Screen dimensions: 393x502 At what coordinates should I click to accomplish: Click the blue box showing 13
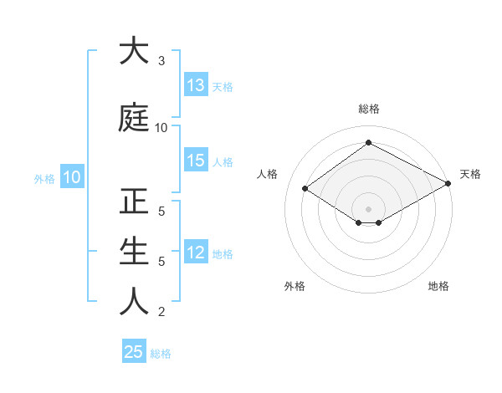coord(196,85)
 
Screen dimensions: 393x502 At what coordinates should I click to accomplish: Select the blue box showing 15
coord(196,161)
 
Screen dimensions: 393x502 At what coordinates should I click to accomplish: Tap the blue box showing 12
coord(196,253)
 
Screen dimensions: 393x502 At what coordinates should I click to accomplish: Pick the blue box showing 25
coord(134,352)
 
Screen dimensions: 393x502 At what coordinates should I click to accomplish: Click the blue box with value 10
coord(71,177)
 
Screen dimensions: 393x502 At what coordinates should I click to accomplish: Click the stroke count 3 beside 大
coord(161,61)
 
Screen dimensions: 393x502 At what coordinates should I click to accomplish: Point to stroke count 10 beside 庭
coord(161,128)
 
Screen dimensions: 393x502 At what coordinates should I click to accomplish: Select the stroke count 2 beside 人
coord(161,312)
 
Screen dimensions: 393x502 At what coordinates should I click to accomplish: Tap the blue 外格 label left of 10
coord(44,178)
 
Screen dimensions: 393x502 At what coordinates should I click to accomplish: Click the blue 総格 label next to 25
coord(161,354)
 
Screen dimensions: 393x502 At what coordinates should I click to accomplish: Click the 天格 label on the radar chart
coord(470,174)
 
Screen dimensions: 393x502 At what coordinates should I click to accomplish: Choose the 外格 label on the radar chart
coord(295,286)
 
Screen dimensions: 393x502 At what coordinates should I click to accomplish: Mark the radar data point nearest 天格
coord(448,183)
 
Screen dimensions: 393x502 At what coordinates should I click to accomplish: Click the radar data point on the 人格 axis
coord(305,189)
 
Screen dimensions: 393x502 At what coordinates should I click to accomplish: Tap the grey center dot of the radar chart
coord(368,208)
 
